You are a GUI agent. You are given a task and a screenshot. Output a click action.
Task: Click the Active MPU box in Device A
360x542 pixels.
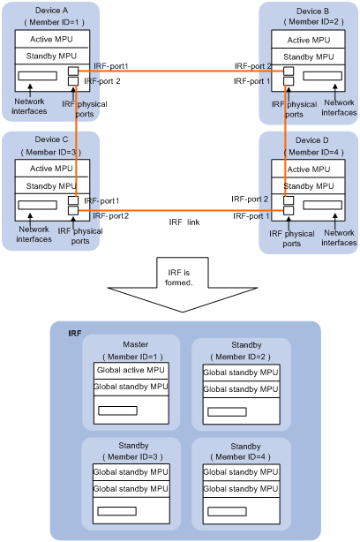[x=52, y=39]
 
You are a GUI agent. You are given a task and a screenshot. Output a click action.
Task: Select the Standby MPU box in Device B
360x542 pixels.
[x=308, y=56]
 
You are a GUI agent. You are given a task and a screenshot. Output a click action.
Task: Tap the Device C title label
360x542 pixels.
[x=51, y=139]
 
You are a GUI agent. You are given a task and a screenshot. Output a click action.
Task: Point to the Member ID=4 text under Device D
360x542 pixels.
[x=313, y=152]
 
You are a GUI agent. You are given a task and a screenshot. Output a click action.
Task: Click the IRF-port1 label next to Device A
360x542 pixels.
[x=110, y=66]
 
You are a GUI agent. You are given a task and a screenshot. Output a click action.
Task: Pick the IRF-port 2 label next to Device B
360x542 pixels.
[x=253, y=66]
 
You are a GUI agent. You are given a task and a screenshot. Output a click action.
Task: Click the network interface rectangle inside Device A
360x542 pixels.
[x=37, y=76]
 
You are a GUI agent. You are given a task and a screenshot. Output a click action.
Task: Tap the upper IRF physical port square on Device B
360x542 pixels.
[x=289, y=72]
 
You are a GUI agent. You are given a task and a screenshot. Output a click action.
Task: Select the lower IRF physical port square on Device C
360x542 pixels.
[x=73, y=210]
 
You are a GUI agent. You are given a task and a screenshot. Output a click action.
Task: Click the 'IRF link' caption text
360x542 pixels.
[x=184, y=222]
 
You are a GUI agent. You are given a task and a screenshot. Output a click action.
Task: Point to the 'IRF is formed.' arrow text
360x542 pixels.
[x=178, y=277]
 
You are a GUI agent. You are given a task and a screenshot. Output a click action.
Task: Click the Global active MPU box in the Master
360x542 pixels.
[x=131, y=371]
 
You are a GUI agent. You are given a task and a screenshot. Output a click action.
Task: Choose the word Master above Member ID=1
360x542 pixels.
[x=135, y=344]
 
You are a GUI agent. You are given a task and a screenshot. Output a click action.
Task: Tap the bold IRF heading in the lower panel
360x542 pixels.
[x=75, y=333]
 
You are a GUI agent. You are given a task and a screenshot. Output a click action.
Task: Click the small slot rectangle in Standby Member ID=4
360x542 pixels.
[x=227, y=511]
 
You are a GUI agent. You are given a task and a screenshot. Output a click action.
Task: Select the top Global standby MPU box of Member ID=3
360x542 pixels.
[x=131, y=472]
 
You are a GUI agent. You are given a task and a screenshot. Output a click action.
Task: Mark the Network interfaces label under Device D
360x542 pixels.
[x=339, y=237]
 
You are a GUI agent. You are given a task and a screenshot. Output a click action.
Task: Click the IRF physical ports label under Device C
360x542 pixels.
[x=80, y=236]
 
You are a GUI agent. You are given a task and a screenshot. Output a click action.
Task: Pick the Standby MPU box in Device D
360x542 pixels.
[x=308, y=186]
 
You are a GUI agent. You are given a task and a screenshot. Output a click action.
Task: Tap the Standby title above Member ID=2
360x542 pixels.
[x=246, y=345]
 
